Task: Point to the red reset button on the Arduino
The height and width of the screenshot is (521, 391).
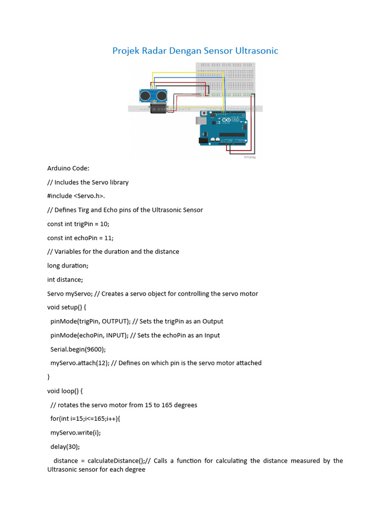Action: coord(205,113)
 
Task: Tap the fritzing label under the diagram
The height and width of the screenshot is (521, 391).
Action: coord(249,158)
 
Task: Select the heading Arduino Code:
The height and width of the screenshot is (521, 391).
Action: coord(68,168)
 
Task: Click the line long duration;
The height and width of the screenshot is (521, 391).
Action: coord(68,266)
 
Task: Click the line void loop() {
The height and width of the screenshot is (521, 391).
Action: coord(65,391)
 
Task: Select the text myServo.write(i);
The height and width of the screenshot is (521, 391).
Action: coord(75,432)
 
